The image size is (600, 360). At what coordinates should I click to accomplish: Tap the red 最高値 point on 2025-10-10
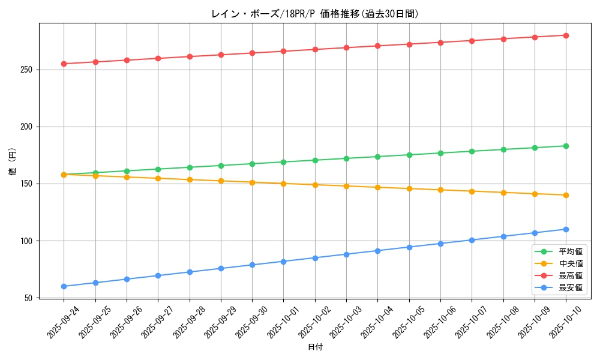[x=566, y=35]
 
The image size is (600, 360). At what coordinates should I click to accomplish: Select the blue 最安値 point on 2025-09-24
[x=64, y=286]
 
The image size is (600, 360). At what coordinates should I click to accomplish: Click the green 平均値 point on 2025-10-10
[x=566, y=146]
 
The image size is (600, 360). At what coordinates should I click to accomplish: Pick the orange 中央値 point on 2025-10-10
[x=566, y=195]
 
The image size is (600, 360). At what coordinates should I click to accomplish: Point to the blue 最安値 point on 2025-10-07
[x=472, y=240]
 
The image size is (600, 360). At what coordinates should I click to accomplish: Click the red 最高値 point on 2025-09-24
[x=64, y=64]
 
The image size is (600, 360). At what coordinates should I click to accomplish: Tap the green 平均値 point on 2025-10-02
[x=315, y=160]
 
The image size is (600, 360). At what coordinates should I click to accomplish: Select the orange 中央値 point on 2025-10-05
[x=409, y=189]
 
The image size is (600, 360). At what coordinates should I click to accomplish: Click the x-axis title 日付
[x=315, y=347]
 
